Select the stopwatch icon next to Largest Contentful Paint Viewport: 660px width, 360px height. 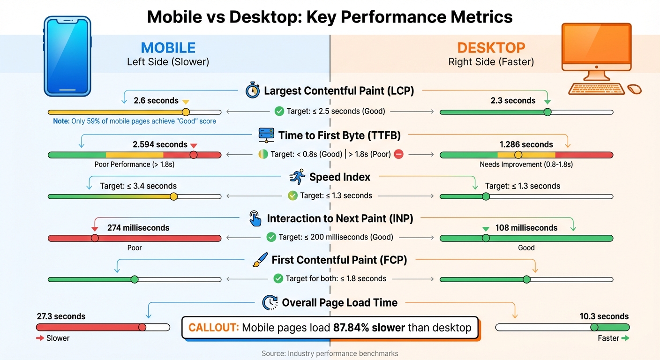(x=253, y=90)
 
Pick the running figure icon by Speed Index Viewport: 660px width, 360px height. (x=297, y=177)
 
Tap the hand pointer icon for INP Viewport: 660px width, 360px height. (x=255, y=218)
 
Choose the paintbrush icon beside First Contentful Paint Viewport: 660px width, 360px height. (x=260, y=260)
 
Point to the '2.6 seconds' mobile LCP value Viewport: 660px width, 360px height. (x=156, y=101)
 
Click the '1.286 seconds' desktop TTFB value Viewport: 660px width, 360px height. (x=526, y=145)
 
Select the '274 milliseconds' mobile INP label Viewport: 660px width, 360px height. (x=138, y=228)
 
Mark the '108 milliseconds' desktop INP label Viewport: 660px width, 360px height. (x=526, y=228)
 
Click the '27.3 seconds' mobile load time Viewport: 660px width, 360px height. (x=61, y=316)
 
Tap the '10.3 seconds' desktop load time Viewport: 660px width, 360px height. (x=604, y=316)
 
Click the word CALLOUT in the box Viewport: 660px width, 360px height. (x=213, y=327)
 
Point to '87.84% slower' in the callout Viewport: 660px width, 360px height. (x=369, y=327)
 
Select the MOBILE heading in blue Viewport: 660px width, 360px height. (x=168, y=48)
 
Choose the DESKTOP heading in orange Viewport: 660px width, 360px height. (x=491, y=48)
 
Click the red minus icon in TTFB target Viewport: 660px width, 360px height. (x=398, y=154)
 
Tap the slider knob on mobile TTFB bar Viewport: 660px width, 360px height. (x=193, y=155)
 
